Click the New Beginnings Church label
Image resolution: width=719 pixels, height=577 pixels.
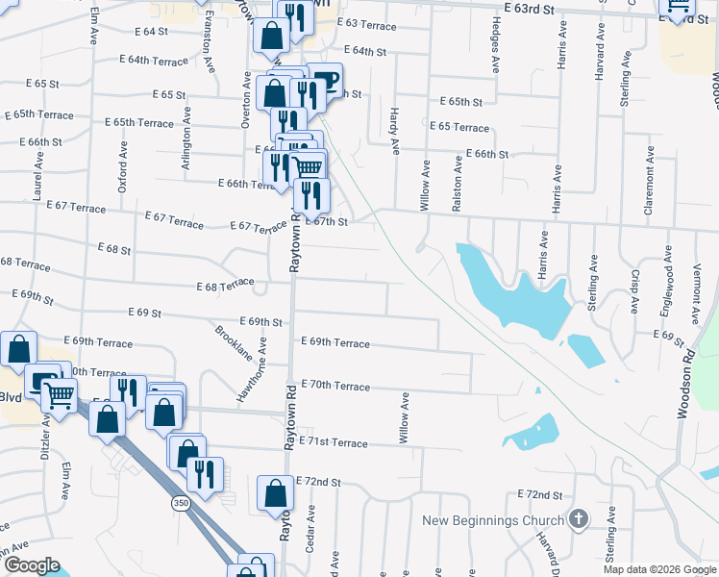[494, 520]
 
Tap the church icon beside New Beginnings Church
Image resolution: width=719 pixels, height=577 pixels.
[578, 520]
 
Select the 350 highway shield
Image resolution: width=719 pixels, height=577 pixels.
[180, 503]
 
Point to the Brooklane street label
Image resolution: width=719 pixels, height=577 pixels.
[234, 341]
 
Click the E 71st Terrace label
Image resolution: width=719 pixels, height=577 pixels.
[334, 441]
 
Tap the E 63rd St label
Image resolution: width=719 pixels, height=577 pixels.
[529, 9]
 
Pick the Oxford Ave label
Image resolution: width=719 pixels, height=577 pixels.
[123, 169]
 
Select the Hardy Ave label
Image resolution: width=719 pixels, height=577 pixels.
[395, 133]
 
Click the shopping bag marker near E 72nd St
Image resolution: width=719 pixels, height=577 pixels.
[275, 493]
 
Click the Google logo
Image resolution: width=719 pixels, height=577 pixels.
[31, 565]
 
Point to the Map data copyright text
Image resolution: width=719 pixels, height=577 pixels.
[658, 568]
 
